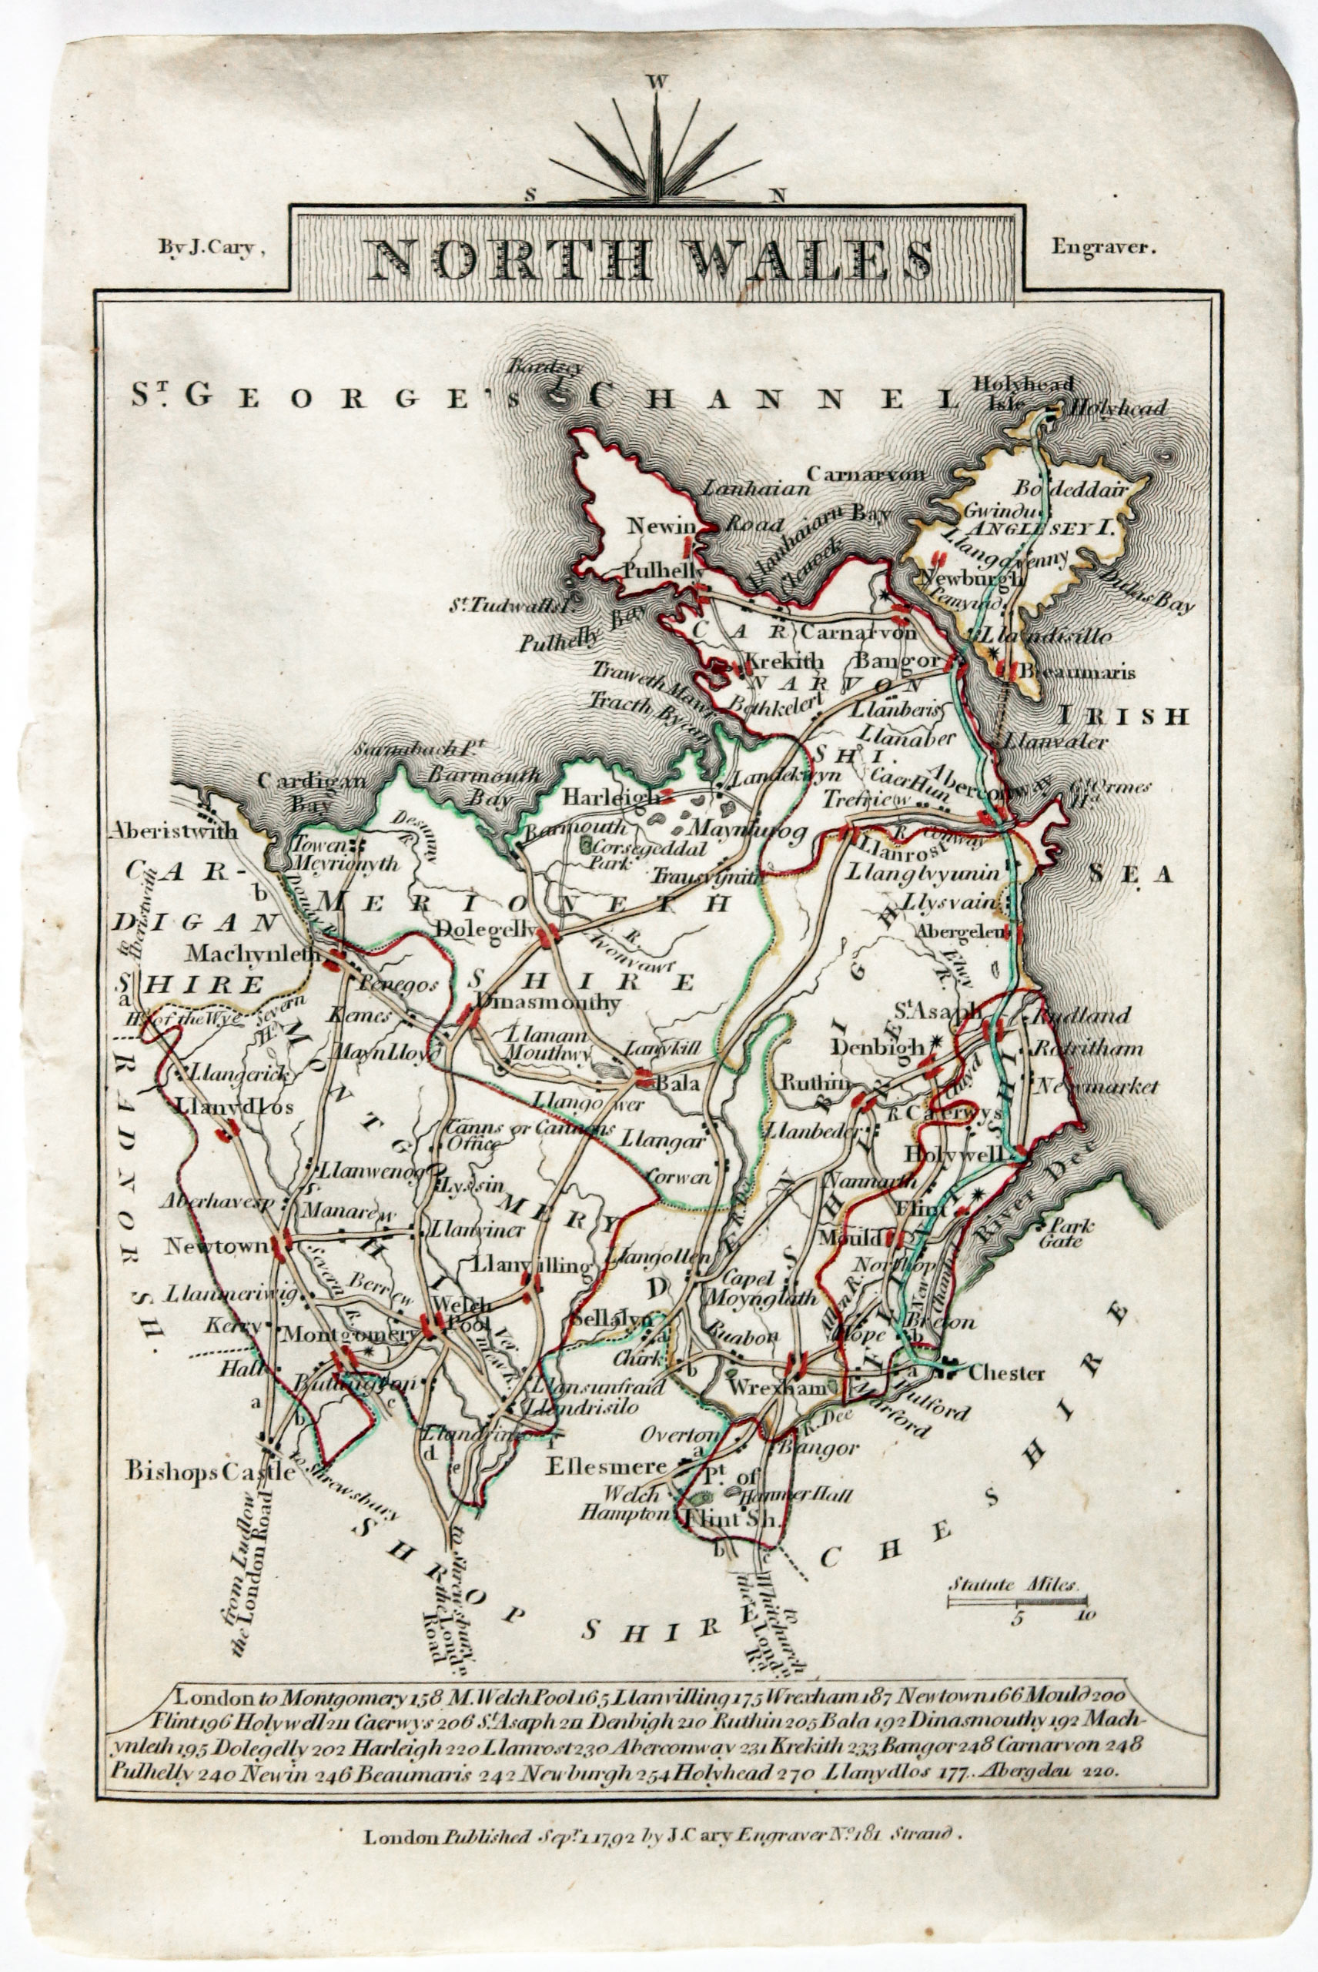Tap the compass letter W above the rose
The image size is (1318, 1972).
[657, 82]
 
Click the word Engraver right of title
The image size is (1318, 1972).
[1104, 247]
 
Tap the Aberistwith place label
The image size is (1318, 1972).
[173, 831]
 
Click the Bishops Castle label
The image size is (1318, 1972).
[211, 1471]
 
